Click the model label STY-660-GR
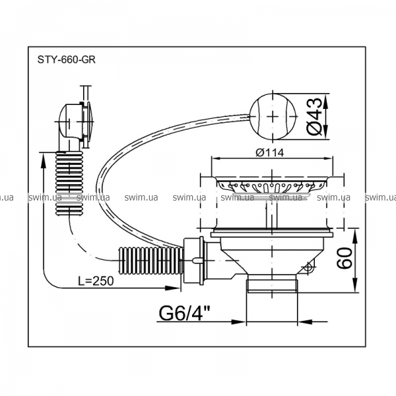(67, 60)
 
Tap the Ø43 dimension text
(315, 116)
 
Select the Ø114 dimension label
(269, 152)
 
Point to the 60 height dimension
(344, 258)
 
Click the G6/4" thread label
(185, 313)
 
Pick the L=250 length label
(96, 280)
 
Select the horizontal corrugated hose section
(150, 261)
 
